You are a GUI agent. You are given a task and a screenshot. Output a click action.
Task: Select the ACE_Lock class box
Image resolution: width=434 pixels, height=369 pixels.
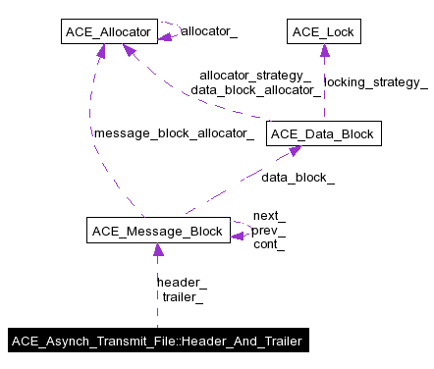(322, 33)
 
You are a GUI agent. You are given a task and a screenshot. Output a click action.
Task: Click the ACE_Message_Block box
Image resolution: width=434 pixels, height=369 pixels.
(157, 232)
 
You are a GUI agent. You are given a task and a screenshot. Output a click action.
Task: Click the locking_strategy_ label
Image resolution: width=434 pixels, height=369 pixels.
(375, 82)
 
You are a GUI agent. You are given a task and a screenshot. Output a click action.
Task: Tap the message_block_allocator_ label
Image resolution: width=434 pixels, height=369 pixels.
(173, 132)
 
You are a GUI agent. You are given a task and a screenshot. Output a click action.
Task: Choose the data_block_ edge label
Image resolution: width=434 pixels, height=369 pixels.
(298, 178)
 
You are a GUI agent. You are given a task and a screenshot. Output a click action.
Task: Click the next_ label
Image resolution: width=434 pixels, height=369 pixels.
(269, 216)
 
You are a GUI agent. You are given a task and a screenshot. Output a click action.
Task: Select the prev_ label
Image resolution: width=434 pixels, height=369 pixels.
(269, 231)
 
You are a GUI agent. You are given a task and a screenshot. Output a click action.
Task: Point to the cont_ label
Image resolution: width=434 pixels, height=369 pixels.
(269, 244)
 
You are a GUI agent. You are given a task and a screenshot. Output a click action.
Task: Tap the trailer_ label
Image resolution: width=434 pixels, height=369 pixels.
(183, 295)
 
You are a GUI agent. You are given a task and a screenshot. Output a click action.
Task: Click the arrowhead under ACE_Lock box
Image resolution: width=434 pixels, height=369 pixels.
(322, 52)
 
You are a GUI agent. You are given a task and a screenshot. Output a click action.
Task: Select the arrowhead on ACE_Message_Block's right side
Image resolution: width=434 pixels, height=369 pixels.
(237, 235)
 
